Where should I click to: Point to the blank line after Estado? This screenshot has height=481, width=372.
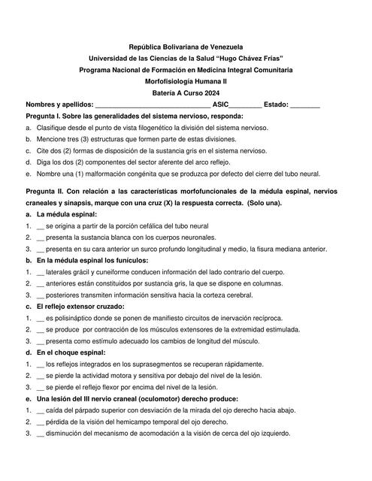tap(304, 105)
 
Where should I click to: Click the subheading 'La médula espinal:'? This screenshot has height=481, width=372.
tap(67, 214)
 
